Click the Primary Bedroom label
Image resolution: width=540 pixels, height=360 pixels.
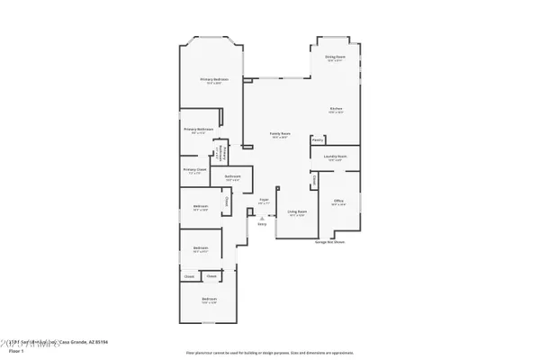pyautogui.click(x=214, y=80)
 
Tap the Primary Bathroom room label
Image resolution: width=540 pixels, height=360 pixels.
pyautogui.click(x=199, y=130)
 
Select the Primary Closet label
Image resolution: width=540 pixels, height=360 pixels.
pyautogui.click(x=195, y=168)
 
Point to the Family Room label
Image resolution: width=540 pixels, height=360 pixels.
pyautogui.click(x=281, y=134)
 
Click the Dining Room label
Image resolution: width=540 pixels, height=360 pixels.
pyautogui.click(x=336, y=57)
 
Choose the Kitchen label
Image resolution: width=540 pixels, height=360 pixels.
pyautogui.click(x=336, y=109)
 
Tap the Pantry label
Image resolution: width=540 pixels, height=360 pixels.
pyautogui.click(x=318, y=139)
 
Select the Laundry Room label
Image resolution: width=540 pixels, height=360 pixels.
pyautogui.click(x=336, y=157)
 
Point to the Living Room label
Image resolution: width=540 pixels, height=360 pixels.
pyautogui.click(x=297, y=212)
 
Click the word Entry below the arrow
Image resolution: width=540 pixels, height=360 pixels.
pyautogui.click(x=262, y=225)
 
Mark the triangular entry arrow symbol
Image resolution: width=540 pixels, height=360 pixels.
pyautogui.click(x=262, y=219)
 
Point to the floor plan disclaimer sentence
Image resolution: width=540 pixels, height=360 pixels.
pyautogui.click(x=269, y=352)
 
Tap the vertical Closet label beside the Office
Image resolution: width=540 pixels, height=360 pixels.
pyautogui.click(x=314, y=182)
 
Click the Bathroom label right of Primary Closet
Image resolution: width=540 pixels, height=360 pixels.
pyautogui.click(x=232, y=176)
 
